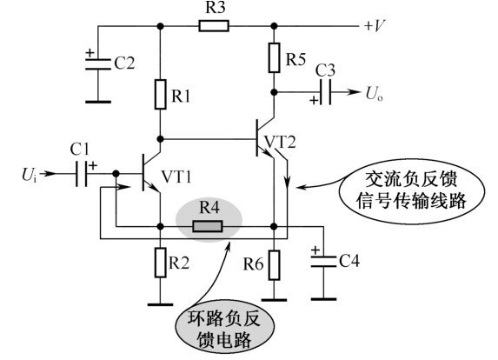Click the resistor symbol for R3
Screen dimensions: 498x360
214,26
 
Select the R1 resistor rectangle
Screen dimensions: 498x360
161,95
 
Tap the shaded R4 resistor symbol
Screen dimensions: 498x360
208,227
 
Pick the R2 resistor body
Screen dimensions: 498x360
161,263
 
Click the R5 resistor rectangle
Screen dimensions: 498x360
274,58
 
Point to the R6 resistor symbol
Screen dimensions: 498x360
274,265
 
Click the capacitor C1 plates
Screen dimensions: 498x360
82,174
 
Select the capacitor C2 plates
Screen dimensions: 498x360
98,63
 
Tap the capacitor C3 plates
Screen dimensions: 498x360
326,92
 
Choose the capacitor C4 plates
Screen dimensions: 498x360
323,261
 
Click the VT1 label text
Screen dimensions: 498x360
176,177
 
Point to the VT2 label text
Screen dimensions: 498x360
280,142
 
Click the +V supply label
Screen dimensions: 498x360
375,25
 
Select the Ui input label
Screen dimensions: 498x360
30,175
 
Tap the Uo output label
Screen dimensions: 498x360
374,94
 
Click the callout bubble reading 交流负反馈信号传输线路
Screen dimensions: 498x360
412,190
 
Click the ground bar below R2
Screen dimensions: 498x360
161,304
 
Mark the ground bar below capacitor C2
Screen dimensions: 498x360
98,102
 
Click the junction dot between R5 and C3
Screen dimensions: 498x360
274,92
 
